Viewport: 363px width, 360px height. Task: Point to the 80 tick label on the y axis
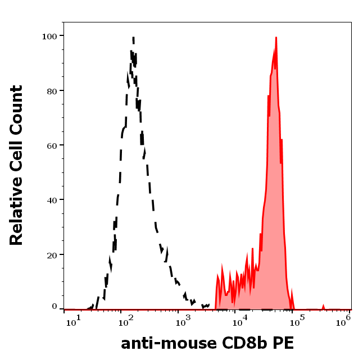[52, 90]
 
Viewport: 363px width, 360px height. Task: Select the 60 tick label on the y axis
[52, 145]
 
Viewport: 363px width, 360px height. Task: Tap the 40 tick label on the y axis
[52, 200]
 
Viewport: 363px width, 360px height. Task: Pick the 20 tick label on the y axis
[52, 254]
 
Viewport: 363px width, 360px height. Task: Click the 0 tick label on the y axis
[55, 307]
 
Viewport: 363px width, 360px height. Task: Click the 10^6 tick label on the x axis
[344, 319]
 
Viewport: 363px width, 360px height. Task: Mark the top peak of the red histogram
[276, 38]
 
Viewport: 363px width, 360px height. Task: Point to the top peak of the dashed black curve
[133, 38]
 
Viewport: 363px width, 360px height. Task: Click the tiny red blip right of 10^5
[323, 306]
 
